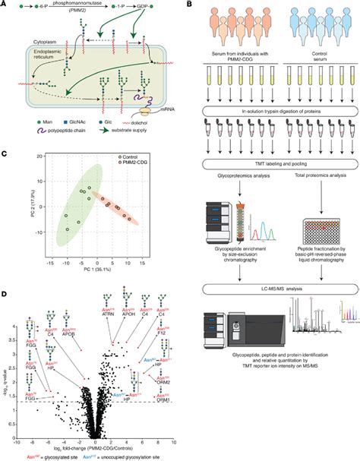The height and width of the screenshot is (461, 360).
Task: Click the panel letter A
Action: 6,6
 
